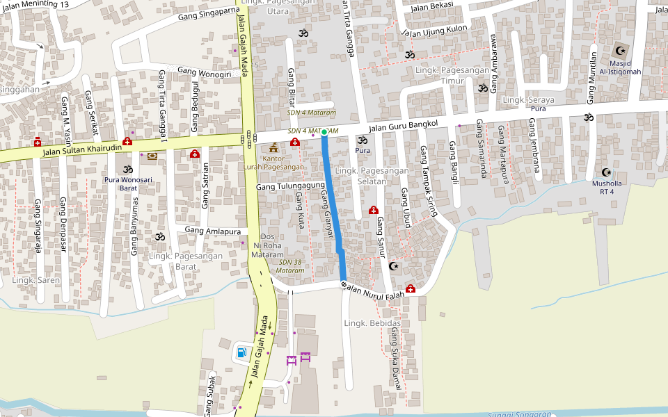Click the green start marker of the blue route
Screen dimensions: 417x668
click(324, 131)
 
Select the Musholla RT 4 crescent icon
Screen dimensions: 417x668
click(606, 172)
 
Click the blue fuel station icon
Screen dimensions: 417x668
click(241, 352)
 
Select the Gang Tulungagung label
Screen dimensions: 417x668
click(290, 186)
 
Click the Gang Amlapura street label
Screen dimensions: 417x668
click(213, 231)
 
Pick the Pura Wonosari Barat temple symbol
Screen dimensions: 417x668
click(127, 169)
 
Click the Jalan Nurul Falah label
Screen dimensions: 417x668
click(375, 289)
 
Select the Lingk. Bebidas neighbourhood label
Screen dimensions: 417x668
click(372, 324)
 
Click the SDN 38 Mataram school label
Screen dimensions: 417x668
click(291, 266)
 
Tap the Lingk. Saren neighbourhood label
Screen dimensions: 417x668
click(35, 280)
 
